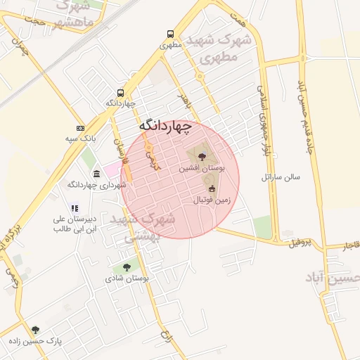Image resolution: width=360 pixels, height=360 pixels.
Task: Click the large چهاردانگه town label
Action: [x=165, y=125]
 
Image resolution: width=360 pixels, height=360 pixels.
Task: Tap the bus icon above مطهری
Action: [x=171, y=34]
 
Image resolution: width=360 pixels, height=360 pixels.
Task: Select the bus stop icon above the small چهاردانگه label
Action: [x=121, y=93]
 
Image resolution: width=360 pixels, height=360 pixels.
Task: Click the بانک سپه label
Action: [x=80, y=139]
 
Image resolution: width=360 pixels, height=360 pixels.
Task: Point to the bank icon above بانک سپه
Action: [x=80, y=128]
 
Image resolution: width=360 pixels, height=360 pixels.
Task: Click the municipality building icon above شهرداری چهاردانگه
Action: [x=96, y=173]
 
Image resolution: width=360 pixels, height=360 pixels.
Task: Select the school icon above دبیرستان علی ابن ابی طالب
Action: [x=75, y=207]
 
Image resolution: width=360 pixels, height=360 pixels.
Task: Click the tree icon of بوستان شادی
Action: [x=127, y=267]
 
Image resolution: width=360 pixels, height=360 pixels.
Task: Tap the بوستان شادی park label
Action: [x=127, y=278]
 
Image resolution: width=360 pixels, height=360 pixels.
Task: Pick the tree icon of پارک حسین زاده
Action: [x=36, y=329]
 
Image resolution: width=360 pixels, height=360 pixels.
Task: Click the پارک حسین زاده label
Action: [x=36, y=341]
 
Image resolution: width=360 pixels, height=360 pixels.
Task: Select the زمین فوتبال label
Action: [x=212, y=200]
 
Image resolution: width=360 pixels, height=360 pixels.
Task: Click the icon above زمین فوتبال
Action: [x=212, y=188]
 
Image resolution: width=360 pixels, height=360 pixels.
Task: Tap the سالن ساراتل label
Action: [x=281, y=176]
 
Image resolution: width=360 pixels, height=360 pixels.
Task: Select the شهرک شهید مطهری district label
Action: [x=214, y=49]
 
